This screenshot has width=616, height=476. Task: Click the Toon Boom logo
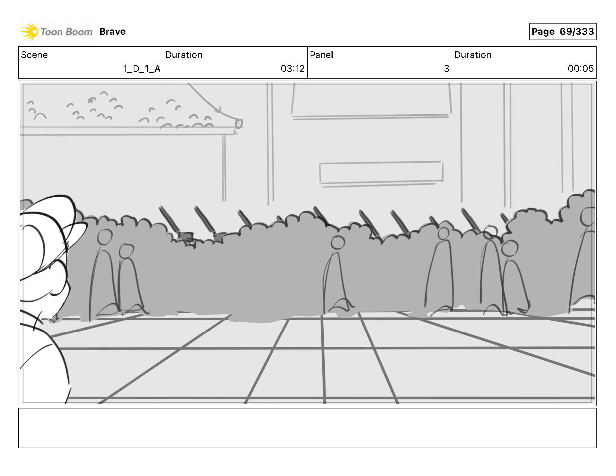(56, 32)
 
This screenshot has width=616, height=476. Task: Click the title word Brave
(112, 32)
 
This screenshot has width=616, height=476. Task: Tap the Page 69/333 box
(562, 32)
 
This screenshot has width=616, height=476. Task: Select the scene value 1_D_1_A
(142, 69)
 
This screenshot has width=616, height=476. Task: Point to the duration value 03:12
(292, 69)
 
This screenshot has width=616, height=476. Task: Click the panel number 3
(446, 69)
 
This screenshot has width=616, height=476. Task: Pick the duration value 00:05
(581, 69)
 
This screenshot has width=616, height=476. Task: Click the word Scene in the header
(34, 55)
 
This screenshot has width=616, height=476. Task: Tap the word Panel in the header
(321, 55)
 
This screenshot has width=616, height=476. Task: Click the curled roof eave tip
(237, 124)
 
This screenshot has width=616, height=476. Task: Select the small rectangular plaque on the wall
(381, 172)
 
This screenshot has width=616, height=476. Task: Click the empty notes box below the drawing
(307, 428)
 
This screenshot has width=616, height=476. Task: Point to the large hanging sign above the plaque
(371, 99)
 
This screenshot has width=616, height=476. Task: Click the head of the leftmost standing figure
(105, 236)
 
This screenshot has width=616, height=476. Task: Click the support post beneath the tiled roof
(224, 168)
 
